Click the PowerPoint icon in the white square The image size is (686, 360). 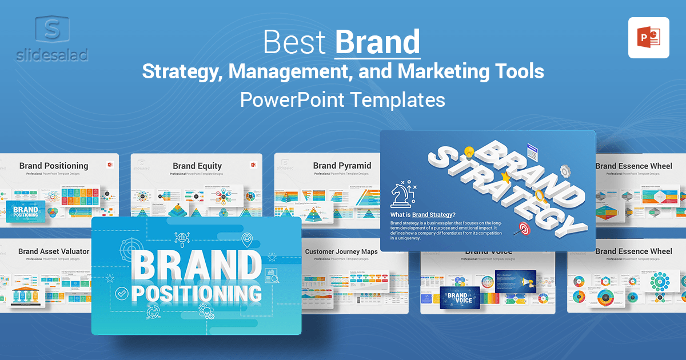[648, 38]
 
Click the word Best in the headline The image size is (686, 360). [296, 42]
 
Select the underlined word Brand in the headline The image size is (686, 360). [377, 42]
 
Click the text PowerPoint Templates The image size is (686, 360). [342, 99]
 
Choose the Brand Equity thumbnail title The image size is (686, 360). [197, 166]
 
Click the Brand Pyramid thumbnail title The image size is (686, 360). [342, 166]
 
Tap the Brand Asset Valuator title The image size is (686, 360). [54, 251]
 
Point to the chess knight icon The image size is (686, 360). [402, 194]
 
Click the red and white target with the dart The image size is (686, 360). [523, 229]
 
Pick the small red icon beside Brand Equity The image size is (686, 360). [253, 165]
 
